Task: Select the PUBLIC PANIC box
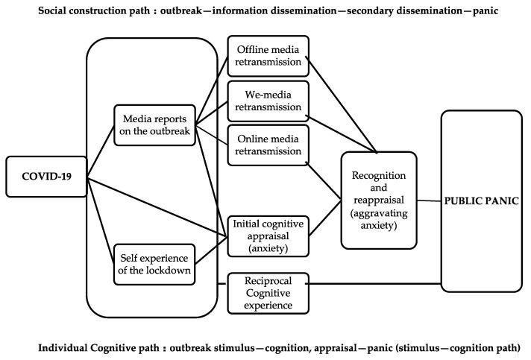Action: click(481, 200)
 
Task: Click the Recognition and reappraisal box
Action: click(378, 200)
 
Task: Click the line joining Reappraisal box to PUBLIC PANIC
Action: click(428, 200)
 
